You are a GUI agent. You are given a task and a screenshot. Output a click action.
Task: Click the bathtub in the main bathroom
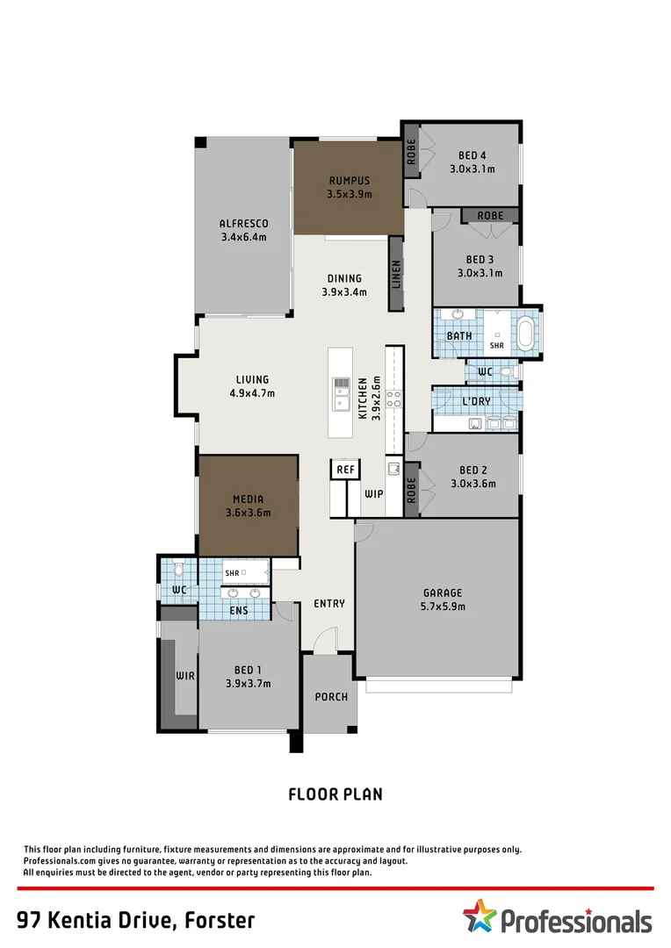(525, 334)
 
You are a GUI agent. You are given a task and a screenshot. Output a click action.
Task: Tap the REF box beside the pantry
(345, 470)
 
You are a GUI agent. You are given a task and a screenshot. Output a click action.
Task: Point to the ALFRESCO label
(243, 224)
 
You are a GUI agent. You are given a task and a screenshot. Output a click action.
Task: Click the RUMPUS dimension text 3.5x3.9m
(350, 194)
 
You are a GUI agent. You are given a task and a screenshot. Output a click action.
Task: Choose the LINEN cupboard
(396, 275)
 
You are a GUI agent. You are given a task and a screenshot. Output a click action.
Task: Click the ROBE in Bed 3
(490, 215)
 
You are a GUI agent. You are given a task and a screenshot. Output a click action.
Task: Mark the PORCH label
(331, 697)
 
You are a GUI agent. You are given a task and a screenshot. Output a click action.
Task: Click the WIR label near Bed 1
(184, 676)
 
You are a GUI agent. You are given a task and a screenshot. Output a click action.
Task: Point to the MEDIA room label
(248, 499)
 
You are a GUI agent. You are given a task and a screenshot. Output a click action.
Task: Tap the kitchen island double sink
(341, 394)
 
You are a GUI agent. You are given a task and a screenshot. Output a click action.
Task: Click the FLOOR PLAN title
(335, 794)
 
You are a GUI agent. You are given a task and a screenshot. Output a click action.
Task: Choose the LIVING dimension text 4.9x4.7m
(252, 393)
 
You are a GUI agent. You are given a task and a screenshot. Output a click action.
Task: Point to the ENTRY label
(329, 604)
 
